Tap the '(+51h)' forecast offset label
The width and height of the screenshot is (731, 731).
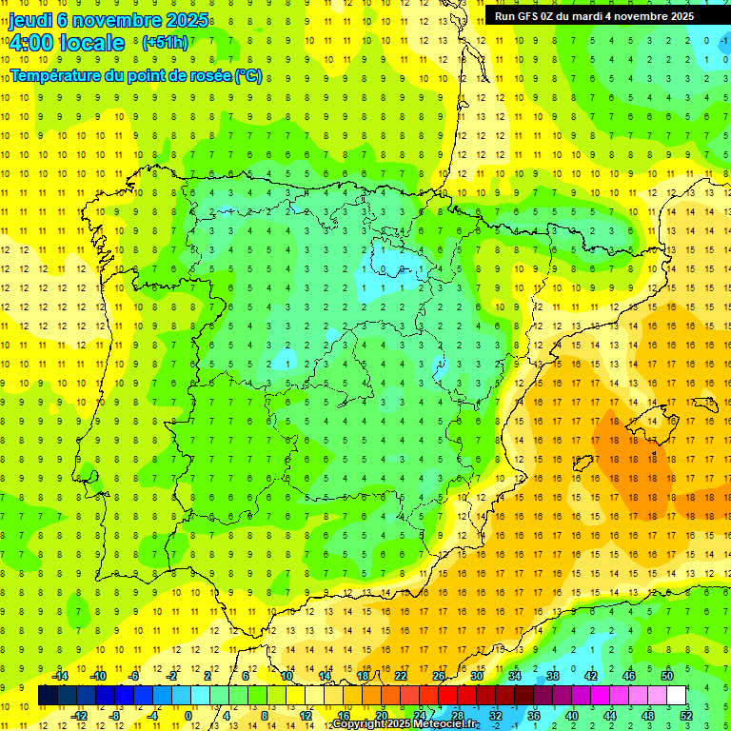(165, 43)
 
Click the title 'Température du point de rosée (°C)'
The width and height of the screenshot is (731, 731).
(136, 75)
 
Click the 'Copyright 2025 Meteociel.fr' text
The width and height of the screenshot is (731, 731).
(405, 724)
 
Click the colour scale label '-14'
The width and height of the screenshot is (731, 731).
(60, 676)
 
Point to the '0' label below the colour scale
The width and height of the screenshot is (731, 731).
(188, 716)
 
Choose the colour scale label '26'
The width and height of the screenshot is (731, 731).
(439, 676)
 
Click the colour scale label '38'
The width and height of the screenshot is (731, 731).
(553, 676)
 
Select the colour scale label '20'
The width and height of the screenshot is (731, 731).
(381, 716)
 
